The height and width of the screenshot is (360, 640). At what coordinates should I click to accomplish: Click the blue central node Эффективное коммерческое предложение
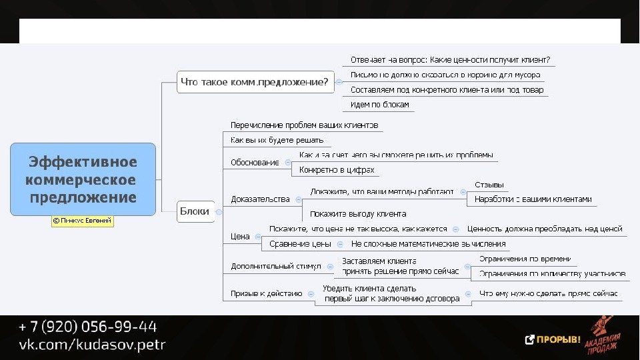pos(83,179)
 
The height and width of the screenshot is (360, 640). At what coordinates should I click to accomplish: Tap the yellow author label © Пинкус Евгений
pos(83,221)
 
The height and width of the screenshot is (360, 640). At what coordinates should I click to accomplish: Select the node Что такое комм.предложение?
pos(255,83)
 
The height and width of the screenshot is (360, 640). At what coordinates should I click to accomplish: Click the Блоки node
pos(195,211)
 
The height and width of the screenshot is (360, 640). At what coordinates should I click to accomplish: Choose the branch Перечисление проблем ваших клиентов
pos(304,125)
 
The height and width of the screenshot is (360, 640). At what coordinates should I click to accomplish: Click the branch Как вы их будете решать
pos(277,140)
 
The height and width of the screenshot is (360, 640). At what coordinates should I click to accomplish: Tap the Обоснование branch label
pos(255,162)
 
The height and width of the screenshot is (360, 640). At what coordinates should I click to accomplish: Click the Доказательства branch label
pos(260,199)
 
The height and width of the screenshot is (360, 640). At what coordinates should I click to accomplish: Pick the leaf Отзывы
pos(489,184)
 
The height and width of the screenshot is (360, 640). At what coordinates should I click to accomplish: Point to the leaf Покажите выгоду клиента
pos(358,214)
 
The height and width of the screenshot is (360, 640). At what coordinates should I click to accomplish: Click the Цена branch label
pos(240,236)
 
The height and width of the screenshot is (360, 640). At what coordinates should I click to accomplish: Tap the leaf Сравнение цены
pos(300,244)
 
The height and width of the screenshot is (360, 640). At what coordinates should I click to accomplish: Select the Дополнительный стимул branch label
pos(275,266)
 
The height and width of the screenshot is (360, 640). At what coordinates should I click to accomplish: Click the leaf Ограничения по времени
pos(525,259)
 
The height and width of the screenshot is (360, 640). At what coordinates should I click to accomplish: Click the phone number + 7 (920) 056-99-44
pos(88,327)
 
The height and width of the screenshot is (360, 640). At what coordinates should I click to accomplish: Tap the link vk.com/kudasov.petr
pos(92,345)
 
